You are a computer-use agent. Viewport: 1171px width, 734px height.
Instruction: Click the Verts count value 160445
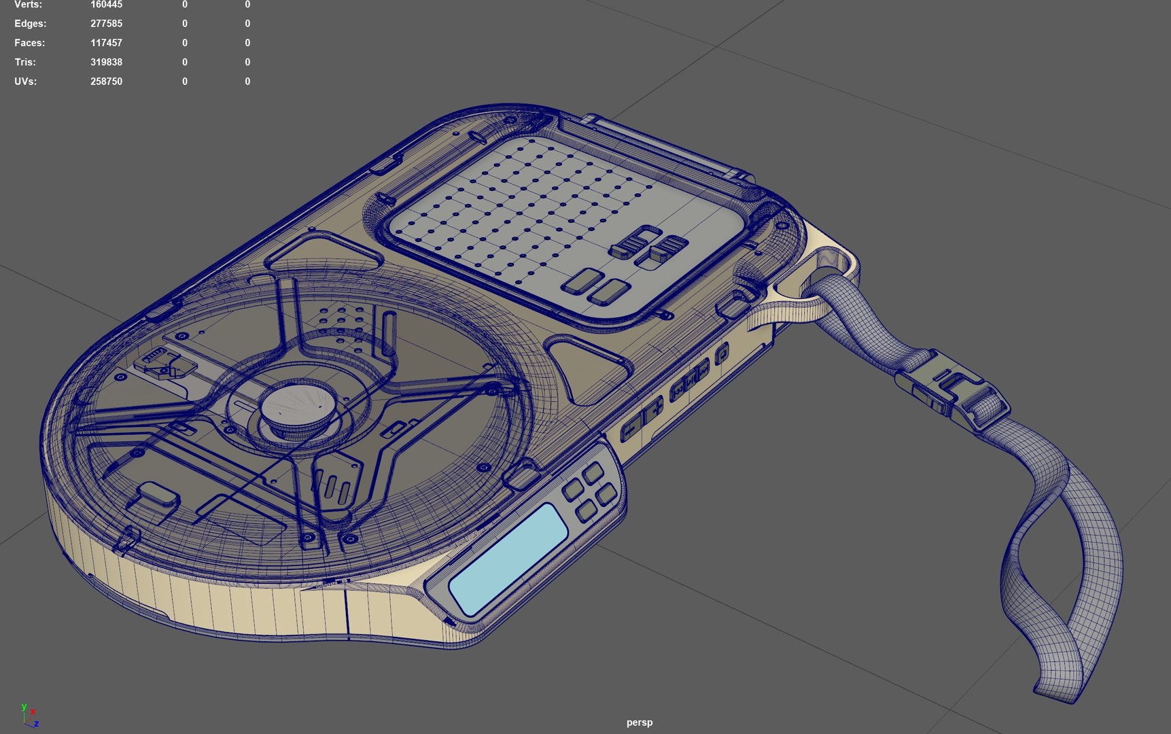(x=106, y=5)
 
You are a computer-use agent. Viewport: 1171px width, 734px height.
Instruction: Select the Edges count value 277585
(x=106, y=24)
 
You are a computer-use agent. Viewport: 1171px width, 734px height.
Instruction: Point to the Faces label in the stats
(x=29, y=43)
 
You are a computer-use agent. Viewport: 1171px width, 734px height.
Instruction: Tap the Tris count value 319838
(x=106, y=62)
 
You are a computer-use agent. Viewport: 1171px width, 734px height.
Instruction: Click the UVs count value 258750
(x=106, y=81)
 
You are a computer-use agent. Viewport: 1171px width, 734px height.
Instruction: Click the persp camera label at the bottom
(x=639, y=722)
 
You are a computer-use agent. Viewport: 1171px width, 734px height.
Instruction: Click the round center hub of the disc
(x=299, y=407)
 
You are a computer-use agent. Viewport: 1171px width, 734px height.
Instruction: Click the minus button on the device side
(x=631, y=427)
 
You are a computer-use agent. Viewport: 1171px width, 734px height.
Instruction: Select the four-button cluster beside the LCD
(x=589, y=491)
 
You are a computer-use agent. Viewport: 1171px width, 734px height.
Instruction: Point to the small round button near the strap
(x=722, y=353)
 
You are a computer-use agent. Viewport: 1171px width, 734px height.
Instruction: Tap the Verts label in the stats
(x=28, y=5)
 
